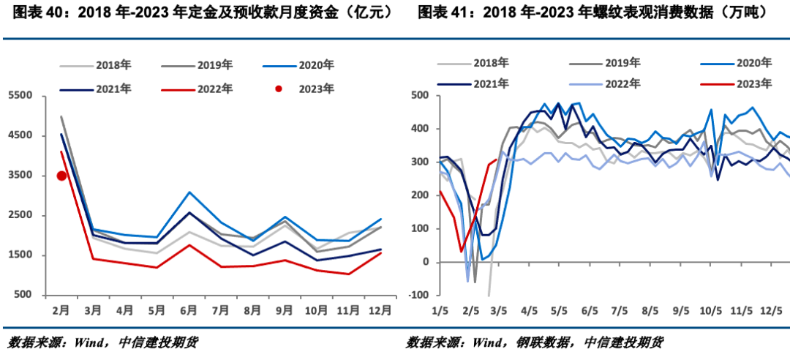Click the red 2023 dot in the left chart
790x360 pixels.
pos(62,176)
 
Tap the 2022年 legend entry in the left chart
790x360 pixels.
pos(214,89)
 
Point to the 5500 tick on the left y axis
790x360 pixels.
pos(20,96)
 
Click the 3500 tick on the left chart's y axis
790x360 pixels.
pos(20,176)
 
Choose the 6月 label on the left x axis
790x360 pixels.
pos(189,310)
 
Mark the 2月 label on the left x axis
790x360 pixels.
pos(61,310)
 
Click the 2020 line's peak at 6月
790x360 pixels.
pos(189,192)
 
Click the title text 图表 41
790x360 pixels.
pos(438,12)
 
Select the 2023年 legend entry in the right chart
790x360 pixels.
pos(753,84)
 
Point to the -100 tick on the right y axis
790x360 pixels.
pos(419,295)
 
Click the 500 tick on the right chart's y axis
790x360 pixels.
pos(421,96)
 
